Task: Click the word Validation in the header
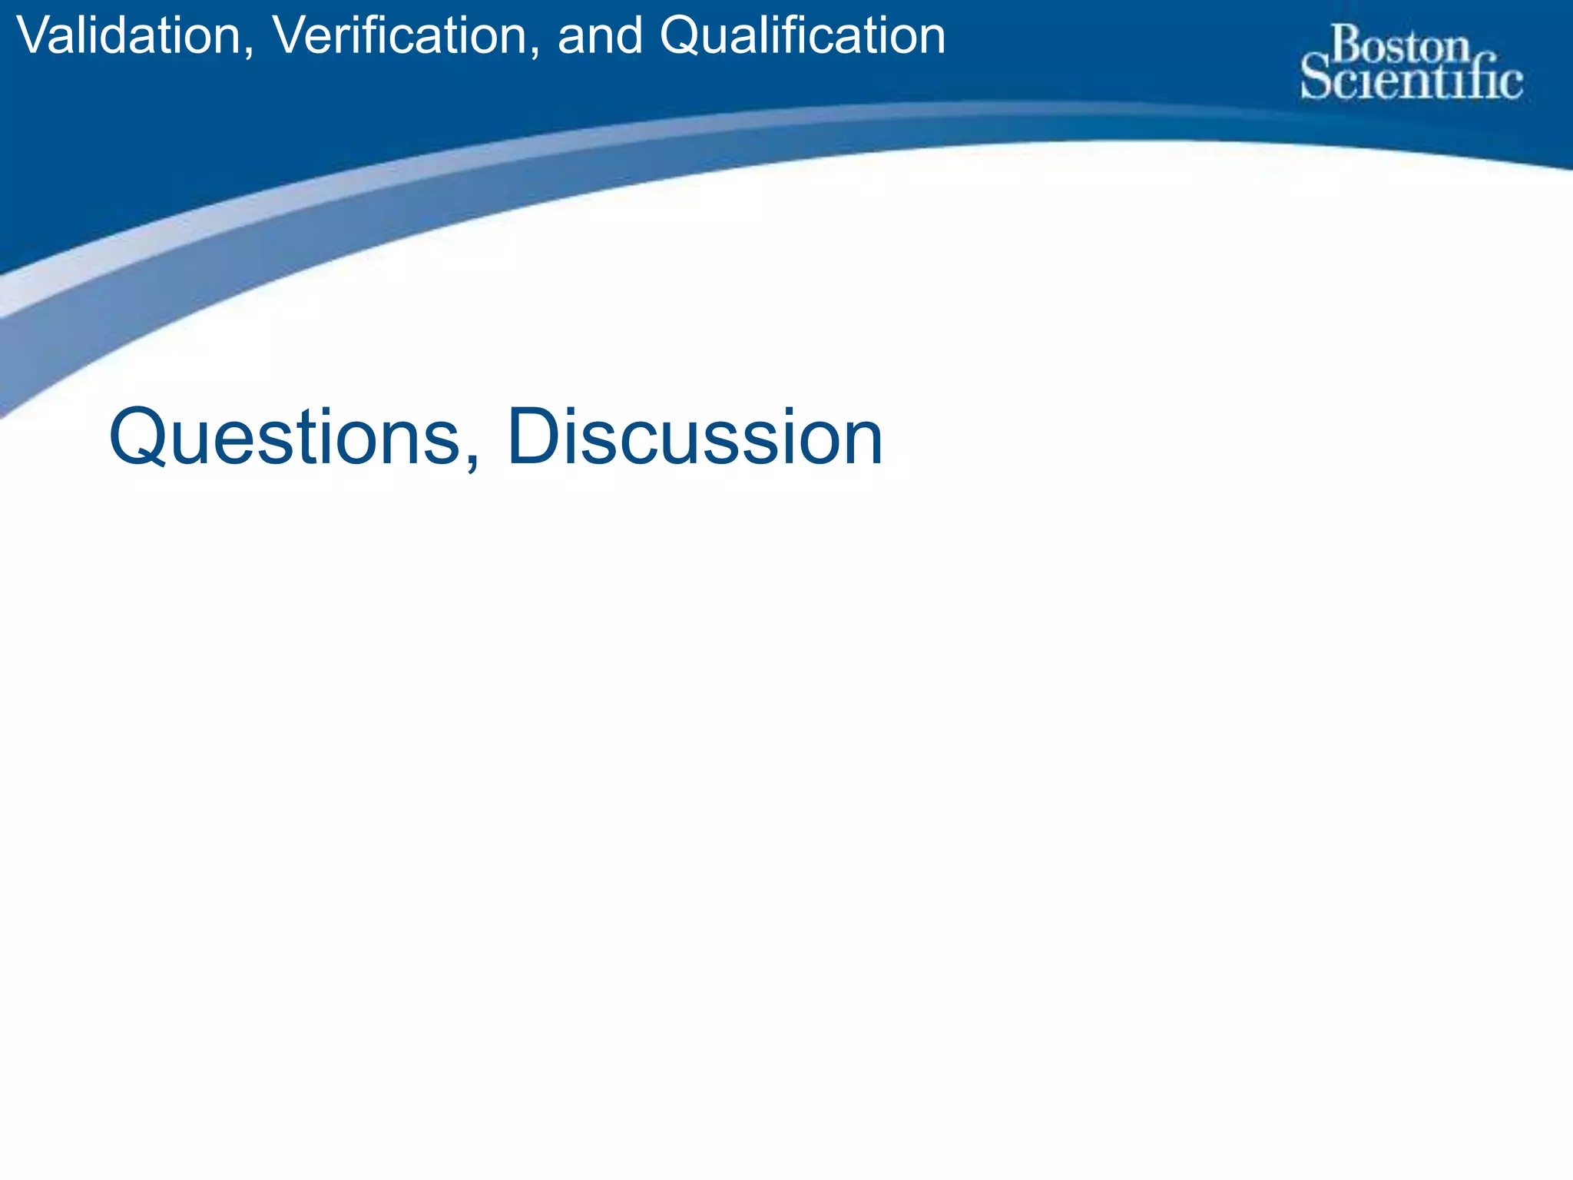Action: coord(127,36)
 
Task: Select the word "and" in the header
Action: coord(600,36)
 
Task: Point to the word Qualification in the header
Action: coord(803,36)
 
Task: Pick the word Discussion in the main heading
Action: coord(695,438)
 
